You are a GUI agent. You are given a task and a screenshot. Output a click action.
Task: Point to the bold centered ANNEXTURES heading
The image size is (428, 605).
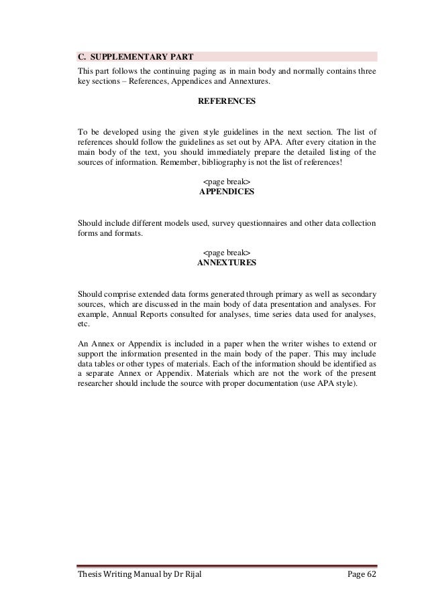tap(225, 263)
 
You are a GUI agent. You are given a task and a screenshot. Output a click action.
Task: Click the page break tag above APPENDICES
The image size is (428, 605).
tap(225, 182)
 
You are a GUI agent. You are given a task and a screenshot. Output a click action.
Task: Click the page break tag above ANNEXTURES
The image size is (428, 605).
tap(225, 253)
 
